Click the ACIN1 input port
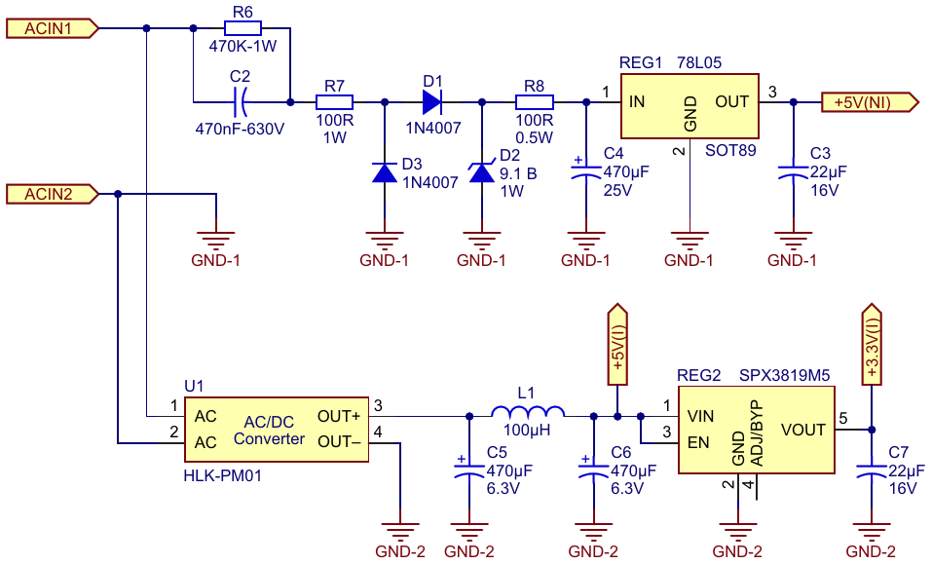[x=53, y=28]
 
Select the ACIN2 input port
[x=53, y=194]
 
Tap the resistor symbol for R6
[x=242, y=28]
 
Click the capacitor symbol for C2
[x=241, y=102]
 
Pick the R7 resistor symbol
[x=334, y=102]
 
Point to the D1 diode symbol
[x=432, y=102]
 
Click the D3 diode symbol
[x=384, y=172]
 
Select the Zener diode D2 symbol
[x=481, y=172]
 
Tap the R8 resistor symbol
[x=535, y=102]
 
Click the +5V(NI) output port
[x=870, y=102]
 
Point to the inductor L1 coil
[x=528, y=411]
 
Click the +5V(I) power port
[x=617, y=345]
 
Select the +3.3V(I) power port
[x=872, y=345]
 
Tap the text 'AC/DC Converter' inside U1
[x=269, y=431]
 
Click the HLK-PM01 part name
[x=222, y=475]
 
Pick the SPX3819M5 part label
[x=785, y=376]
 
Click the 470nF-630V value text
[x=240, y=129]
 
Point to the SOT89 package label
[x=730, y=150]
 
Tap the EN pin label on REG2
[x=698, y=443]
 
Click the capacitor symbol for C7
[x=872, y=471]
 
